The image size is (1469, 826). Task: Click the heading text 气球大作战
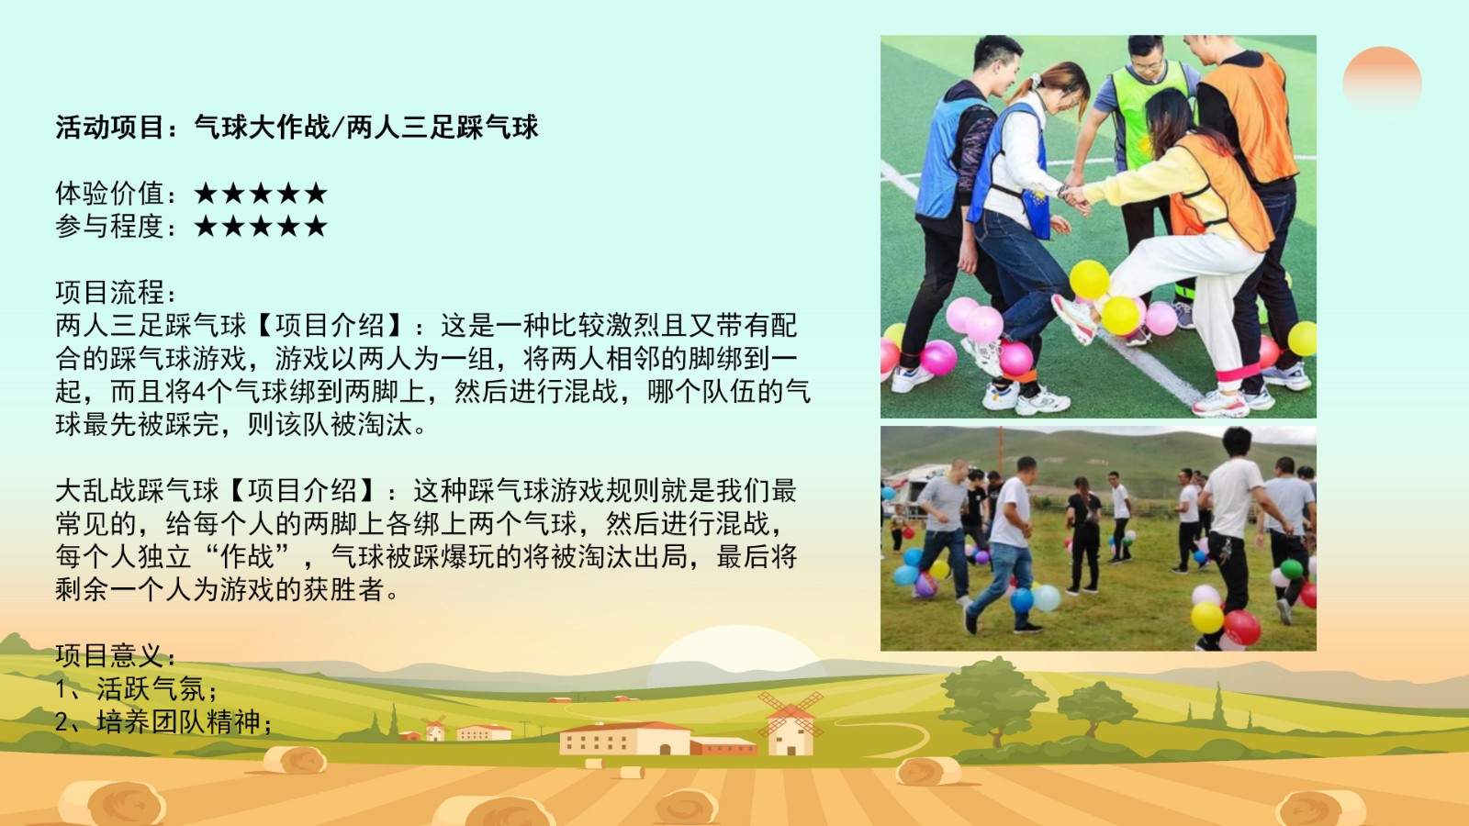262,128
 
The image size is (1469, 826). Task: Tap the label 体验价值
109,194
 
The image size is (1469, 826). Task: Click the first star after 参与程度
206,226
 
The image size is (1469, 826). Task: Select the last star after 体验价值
316,194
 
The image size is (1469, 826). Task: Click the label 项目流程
109,293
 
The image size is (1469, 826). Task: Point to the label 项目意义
109,655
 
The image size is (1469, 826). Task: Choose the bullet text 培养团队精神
178,721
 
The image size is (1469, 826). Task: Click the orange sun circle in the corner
1382,79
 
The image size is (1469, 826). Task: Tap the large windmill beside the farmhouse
791,724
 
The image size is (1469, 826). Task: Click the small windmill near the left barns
433,729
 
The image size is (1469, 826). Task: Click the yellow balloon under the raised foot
1119,316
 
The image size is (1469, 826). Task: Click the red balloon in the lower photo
1241,628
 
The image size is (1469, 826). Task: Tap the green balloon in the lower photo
1291,568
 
